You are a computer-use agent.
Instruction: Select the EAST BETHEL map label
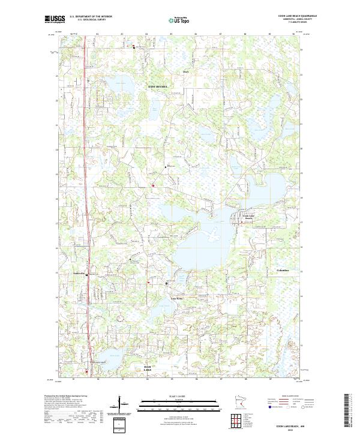[158, 86]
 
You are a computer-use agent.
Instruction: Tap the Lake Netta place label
[176, 298]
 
